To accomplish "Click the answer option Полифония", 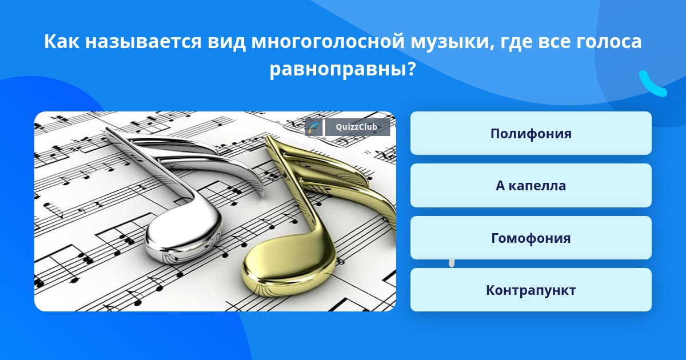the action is point(531,133).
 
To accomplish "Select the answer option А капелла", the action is point(531,186).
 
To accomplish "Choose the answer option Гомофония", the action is point(531,238).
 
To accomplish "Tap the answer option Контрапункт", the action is point(531,290).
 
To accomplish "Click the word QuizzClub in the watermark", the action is point(356,127).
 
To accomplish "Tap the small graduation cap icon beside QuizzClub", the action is point(313,127).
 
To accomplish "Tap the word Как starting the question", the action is point(62,41).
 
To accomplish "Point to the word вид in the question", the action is point(226,41).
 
